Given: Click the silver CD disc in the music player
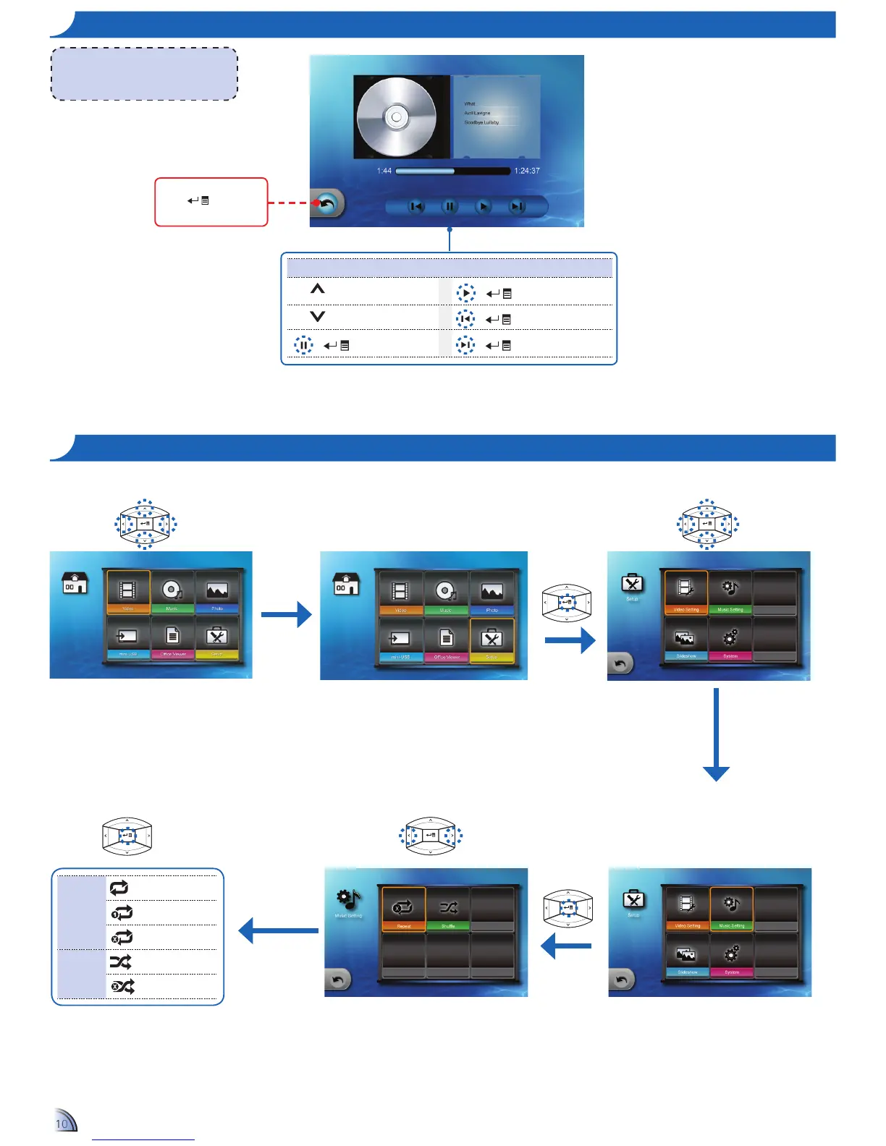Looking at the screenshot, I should (x=396, y=116).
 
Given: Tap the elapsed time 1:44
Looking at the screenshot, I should (x=384, y=171).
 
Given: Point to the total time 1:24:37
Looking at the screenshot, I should (x=526, y=171).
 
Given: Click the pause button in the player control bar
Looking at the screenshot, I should (x=450, y=207).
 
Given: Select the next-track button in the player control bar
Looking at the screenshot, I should (x=516, y=207).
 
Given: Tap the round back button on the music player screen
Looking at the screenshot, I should (x=327, y=204).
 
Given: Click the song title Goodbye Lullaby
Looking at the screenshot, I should (x=481, y=122).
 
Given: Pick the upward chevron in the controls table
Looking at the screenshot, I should (x=317, y=289).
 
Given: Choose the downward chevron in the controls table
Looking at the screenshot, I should (x=317, y=316).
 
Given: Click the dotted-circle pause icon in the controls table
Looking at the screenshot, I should (x=303, y=345).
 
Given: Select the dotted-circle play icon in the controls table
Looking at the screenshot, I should (x=465, y=293).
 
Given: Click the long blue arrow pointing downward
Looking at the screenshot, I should (x=716, y=734).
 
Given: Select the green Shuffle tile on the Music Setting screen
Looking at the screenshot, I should (x=448, y=910).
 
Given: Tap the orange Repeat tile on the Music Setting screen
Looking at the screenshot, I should (x=404, y=910).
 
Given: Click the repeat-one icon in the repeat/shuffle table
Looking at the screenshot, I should (x=122, y=912).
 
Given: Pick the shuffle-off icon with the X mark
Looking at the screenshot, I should (x=122, y=986).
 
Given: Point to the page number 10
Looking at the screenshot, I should (x=62, y=1124).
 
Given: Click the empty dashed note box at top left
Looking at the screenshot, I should (x=144, y=74).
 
